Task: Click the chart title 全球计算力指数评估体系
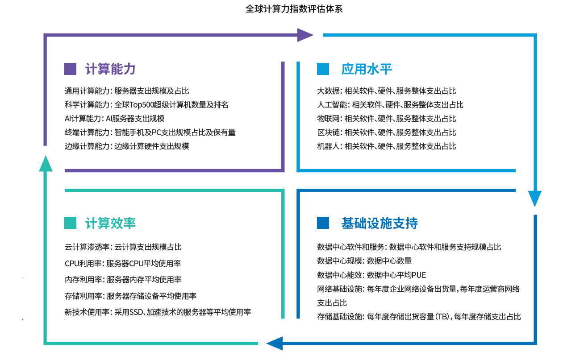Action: coord(294,9)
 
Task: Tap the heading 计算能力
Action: coord(110,69)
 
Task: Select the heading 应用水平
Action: coord(367,69)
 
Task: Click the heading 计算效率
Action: coord(110,223)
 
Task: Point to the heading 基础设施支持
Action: coord(379,223)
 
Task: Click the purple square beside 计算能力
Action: coord(70,69)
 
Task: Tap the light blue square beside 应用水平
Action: coord(323,69)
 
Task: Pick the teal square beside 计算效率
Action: coord(70,223)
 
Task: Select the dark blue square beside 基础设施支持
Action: coord(323,223)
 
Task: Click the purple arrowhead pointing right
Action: coord(305,35)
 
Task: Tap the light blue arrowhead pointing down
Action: coord(535,199)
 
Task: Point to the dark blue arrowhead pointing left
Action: coord(275,343)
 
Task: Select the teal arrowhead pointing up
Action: coord(46,164)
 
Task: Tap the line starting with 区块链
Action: coord(386,132)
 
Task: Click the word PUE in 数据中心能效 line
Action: coord(419,275)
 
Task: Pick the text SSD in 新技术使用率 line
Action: coord(136,312)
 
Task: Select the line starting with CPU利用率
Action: coord(123,263)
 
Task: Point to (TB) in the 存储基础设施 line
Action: coord(442,317)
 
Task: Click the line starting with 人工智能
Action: coord(390,105)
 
